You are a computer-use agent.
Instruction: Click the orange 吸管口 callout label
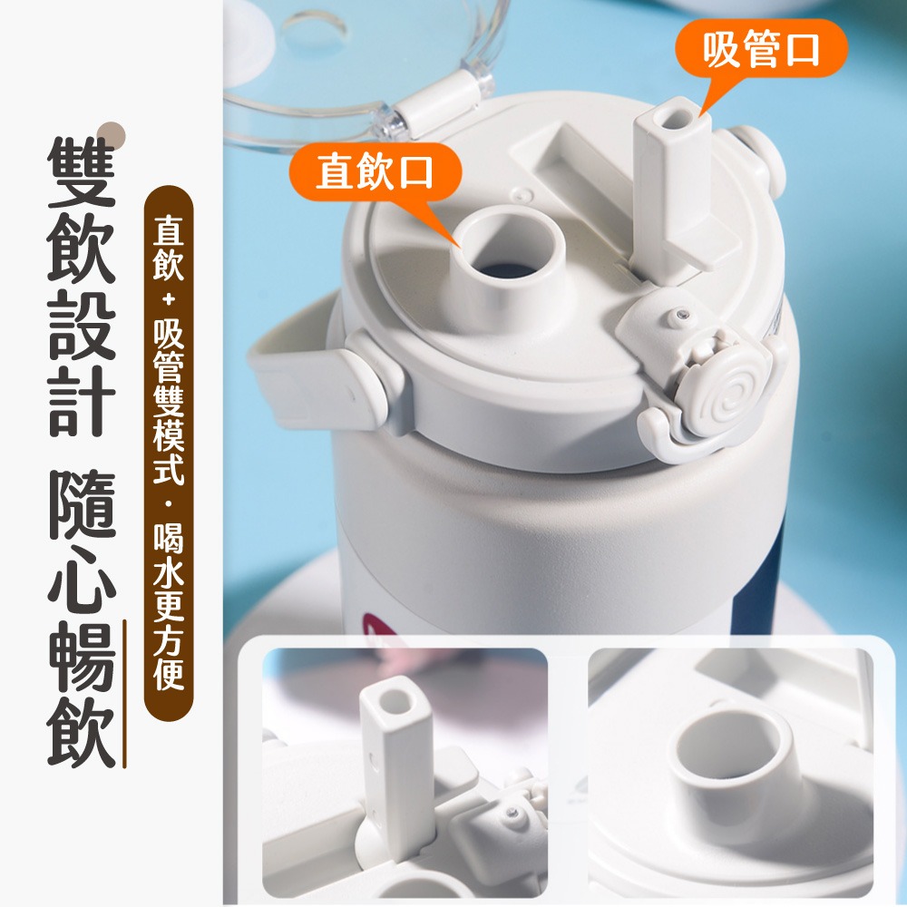761,49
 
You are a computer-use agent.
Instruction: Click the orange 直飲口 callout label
375,171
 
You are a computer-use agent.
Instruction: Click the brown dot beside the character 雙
111,133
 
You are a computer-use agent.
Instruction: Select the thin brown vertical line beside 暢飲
124,694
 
